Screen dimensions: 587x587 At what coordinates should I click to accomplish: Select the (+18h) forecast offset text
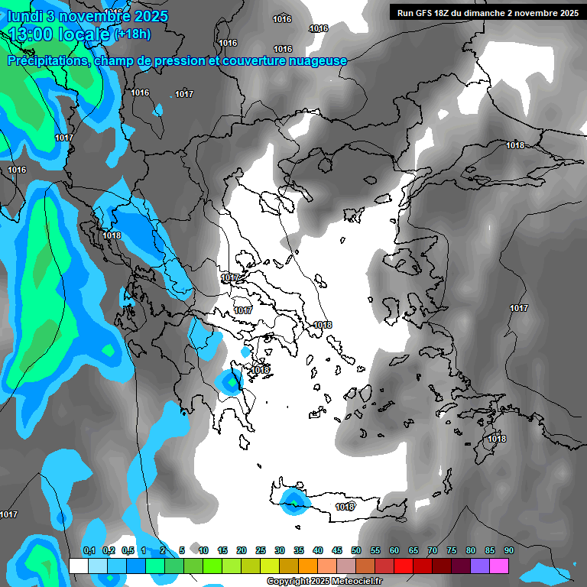click(132, 34)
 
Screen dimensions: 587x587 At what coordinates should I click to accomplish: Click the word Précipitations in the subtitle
click(48, 60)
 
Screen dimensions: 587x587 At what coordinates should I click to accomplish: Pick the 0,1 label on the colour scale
click(89, 550)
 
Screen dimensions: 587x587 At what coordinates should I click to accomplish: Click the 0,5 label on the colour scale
click(127, 550)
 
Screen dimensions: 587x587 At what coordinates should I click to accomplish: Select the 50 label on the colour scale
click(355, 550)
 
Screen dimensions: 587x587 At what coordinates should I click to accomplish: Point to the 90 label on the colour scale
click(508, 550)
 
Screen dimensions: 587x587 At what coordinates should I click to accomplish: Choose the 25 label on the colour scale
click(260, 550)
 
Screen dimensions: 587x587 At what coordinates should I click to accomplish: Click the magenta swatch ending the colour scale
click(499, 566)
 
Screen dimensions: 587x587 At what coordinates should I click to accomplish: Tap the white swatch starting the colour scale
click(79, 566)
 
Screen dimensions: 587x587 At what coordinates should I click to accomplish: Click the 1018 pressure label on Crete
click(345, 507)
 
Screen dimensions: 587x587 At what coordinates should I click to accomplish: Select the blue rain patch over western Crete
click(293, 501)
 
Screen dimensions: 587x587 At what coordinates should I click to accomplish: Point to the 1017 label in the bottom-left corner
click(8, 514)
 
